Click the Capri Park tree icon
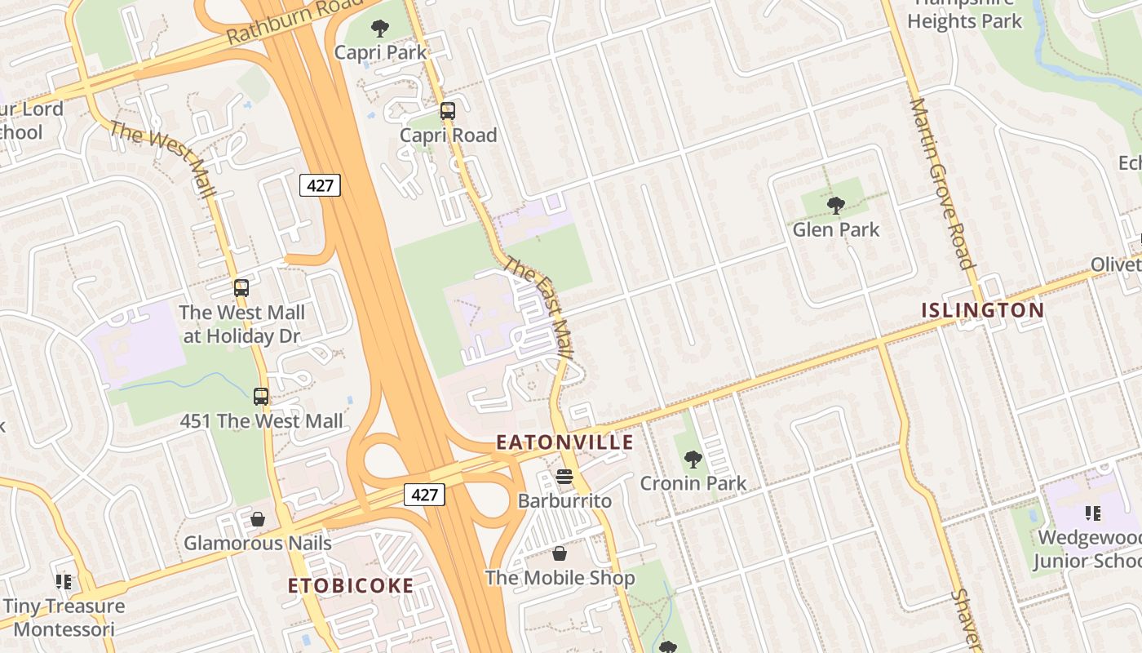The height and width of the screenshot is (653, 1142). coord(379,29)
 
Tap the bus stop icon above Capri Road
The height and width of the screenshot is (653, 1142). coord(447,111)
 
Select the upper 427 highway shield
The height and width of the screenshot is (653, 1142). coord(320,185)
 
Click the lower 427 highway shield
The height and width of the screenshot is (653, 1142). coord(424,494)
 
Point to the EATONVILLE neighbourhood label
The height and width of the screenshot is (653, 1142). coord(564,442)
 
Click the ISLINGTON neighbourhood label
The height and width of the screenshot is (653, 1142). coord(982,310)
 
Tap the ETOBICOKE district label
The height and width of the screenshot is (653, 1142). coord(351,585)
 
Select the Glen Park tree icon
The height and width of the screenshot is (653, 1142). coord(835,206)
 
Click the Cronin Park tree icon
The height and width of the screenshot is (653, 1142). coord(693,460)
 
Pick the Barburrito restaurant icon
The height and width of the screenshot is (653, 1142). coord(564,477)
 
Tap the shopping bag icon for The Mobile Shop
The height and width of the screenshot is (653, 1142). coord(560,554)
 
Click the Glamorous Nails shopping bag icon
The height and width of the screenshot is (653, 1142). coord(258,519)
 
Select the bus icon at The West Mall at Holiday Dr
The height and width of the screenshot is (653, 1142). coord(241,288)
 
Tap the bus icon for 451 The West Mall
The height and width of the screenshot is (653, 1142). coord(261,397)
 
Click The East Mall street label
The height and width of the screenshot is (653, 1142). coord(539,309)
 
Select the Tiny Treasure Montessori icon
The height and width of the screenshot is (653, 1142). coord(64,582)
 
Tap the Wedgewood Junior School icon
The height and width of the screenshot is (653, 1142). coord(1092,513)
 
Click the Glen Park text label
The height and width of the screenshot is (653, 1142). coord(836,229)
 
